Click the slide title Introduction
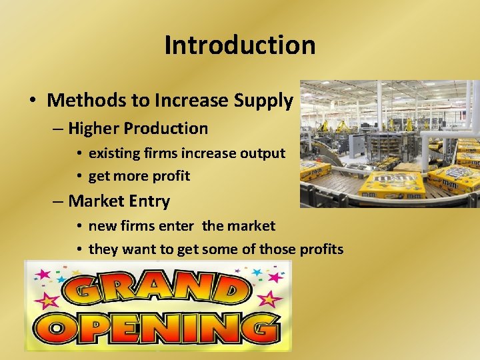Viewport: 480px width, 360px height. pos(239,45)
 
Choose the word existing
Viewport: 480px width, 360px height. pos(115,153)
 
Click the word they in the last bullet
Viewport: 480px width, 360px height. pos(103,249)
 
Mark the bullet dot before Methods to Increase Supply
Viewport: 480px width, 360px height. pos(32,101)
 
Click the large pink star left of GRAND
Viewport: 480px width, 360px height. pos(47,302)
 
